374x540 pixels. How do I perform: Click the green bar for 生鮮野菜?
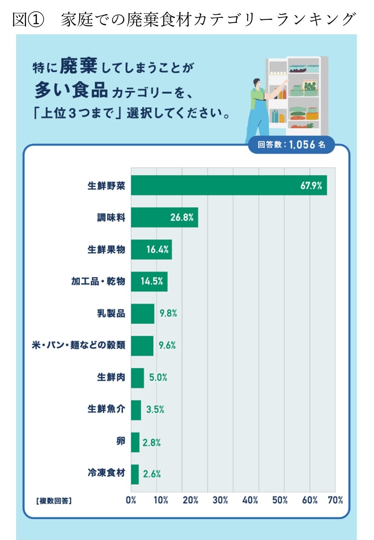tap(229, 185)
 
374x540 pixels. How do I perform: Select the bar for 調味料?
tap(164, 217)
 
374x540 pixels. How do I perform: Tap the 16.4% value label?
tap(158, 249)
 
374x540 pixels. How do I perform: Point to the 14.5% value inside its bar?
tap(152, 281)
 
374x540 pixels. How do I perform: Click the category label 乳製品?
tap(111, 313)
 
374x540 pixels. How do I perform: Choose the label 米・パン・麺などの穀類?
tap(78, 345)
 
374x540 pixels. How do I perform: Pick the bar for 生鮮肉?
tap(137, 378)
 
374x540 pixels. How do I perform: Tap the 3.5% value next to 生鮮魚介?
tap(155, 409)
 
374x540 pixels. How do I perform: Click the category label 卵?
tap(121, 441)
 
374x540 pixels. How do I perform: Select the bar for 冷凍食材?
tap(135, 474)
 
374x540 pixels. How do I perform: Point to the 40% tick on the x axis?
tap(250, 500)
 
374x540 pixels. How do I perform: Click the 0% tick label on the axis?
tap(131, 500)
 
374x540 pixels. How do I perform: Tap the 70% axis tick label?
tap(335, 500)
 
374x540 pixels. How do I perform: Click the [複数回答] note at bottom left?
tap(54, 501)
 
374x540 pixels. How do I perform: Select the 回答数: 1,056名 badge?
tap(291, 144)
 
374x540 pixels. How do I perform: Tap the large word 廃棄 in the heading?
tap(79, 66)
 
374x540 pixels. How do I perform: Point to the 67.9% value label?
tap(311, 186)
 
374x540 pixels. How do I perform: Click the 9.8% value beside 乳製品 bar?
tap(168, 313)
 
